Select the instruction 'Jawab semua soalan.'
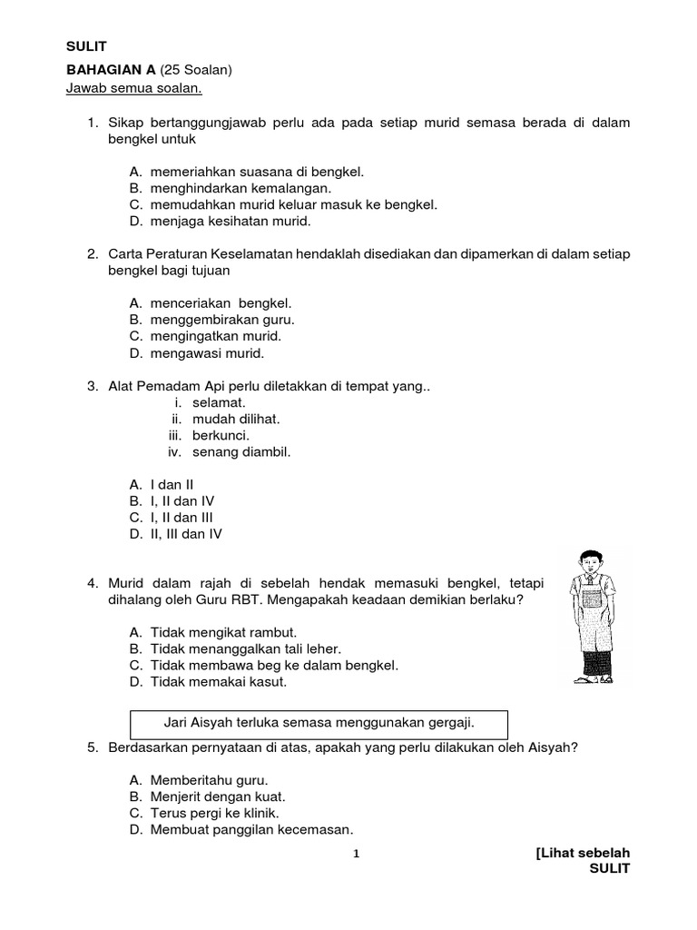133,88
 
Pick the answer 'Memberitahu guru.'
208,780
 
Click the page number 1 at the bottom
357,854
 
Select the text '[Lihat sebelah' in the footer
582,853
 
